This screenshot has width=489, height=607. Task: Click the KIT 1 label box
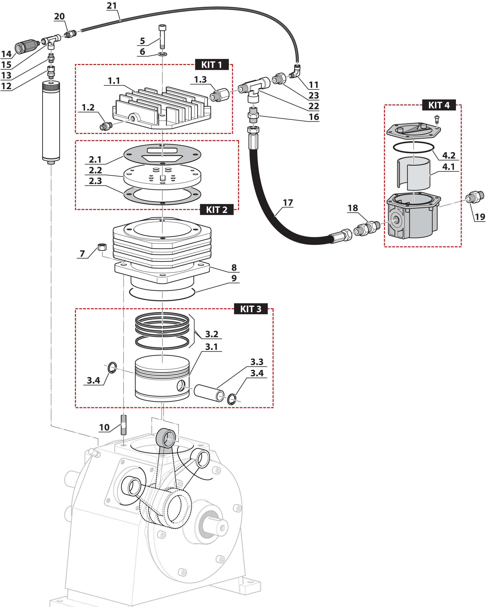click(x=212, y=65)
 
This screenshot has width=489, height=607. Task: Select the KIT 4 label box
click(x=439, y=105)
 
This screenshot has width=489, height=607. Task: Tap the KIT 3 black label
click(x=251, y=309)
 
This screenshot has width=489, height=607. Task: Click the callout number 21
click(x=112, y=6)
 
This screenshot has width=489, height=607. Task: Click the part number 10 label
click(x=104, y=427)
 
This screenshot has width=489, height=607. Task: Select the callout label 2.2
click(x=95, y=170)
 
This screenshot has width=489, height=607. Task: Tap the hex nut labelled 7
click(x=102, y=247)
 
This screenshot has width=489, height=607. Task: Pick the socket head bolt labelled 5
click(x=163, y=37)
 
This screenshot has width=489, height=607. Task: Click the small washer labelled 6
click(x=163, y=54)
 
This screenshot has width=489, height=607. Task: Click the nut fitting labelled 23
click(x=279, y=78)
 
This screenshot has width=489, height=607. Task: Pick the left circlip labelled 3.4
click(x=112, y=367)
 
